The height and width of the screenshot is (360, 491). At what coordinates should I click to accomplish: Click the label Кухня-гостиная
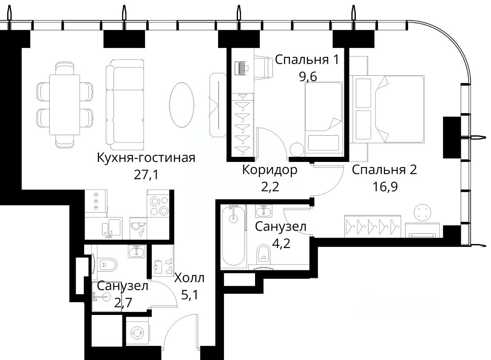[146, 158]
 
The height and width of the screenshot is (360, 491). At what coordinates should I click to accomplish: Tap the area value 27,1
[146, 175]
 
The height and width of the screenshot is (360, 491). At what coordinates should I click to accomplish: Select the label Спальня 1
[307, 60]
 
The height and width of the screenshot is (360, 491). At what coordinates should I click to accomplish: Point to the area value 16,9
[385, 187]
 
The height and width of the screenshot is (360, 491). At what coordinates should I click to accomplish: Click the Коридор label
[270, 170]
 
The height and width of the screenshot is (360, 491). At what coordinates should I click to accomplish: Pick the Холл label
[189, 278]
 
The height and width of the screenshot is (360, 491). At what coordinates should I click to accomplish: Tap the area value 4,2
[281, 243]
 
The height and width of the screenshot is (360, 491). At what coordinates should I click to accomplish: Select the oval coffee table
[182, 105]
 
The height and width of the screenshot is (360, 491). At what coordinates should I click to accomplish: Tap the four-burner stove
[159, 206]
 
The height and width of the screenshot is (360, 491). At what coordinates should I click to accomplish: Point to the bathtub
[233, 235]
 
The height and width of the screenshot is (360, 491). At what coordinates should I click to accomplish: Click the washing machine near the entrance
[136, 332]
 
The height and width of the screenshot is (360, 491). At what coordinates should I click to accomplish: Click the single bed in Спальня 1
[323, 118]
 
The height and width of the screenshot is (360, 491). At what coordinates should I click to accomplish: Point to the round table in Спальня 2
[423, 213]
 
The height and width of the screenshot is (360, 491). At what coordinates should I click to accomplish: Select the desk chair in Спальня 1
[263, 67]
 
